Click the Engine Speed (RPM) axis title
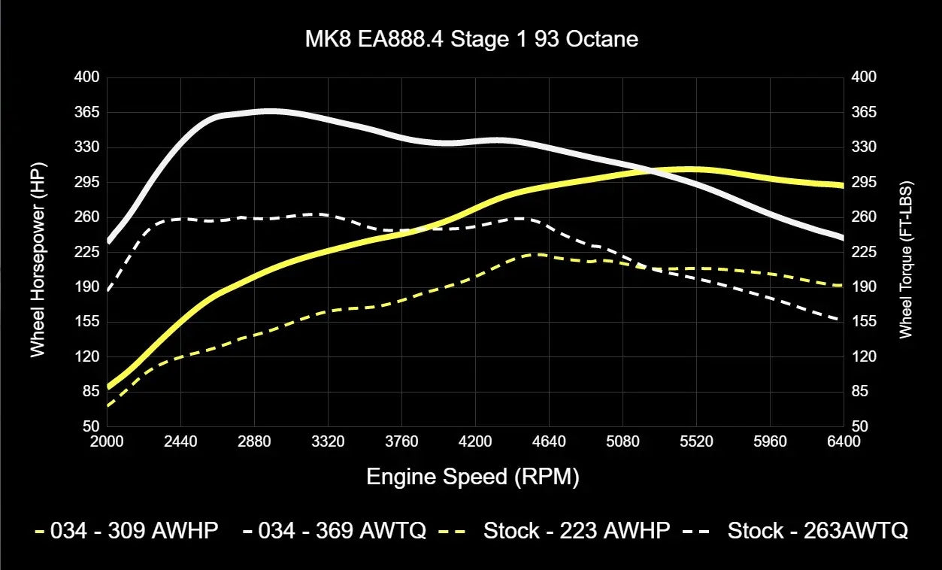473,477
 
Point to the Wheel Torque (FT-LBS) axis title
905,259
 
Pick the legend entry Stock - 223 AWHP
564,531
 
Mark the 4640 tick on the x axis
549,441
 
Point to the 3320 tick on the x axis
328,441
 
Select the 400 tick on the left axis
86,77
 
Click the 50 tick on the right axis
859,426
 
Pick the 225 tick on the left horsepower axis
86,252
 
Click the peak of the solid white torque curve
271,111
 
